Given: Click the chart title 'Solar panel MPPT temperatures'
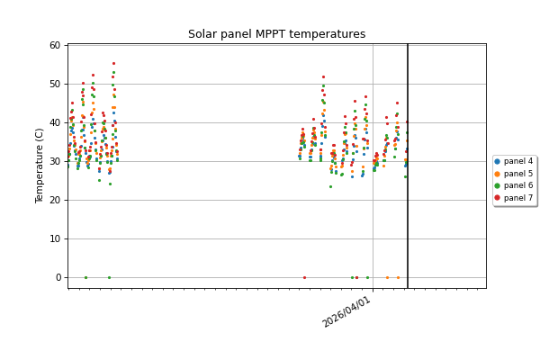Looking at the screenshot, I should click(276, 34).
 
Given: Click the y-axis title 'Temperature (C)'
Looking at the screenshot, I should click(40, 166).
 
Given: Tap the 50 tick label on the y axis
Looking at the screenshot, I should click(55, 85).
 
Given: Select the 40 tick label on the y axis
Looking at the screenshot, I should click(55, 123).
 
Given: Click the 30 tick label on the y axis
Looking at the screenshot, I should click(55, 162).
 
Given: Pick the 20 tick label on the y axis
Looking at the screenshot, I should click(55, 201).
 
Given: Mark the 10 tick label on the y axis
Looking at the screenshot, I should click(55, 239).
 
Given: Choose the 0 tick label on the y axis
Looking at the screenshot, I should click(58, 278).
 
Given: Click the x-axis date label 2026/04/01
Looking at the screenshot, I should click(347, 311).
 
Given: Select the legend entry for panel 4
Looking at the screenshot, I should click(518, 162).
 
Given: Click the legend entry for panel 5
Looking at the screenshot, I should click(518, 174).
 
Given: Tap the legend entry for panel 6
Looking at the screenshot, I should click(518, 186).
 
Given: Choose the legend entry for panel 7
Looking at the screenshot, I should click(518, 198).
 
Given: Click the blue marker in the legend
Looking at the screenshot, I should click(498, 162).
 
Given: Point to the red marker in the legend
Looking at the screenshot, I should click(498, 198).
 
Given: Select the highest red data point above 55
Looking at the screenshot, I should click(113, 64).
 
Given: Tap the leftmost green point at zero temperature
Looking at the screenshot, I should click(85, 277).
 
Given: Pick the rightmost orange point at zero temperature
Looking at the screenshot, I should click(398, 277).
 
